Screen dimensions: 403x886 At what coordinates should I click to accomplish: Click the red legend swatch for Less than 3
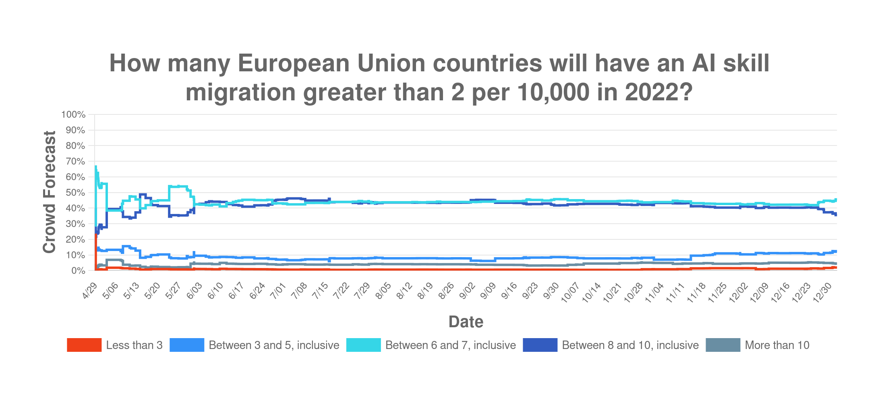[84, 345]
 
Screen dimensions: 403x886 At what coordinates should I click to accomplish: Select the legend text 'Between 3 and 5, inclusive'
[274, 345]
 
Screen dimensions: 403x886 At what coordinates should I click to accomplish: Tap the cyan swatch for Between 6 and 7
[363, 345]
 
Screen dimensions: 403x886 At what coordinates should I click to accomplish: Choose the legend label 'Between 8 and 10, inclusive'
[630, 345]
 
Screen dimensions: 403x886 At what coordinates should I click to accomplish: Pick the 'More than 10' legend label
[777, 345]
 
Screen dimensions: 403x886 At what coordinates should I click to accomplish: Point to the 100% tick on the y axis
[73, 114]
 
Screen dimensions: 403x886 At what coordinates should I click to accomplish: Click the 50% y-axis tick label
[75, 193]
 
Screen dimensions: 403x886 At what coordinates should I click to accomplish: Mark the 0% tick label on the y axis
[78, 271]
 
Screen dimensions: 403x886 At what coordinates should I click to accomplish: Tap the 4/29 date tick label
[90, 291]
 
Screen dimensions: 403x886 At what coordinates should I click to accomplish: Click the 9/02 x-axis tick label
[467, 291]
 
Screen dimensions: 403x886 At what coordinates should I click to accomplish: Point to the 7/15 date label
[320, 291]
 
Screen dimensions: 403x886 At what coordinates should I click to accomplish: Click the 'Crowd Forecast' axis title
[49, 192]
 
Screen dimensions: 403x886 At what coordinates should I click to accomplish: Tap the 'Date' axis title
[466, 322]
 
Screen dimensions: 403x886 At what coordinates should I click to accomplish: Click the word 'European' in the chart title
[294, 63]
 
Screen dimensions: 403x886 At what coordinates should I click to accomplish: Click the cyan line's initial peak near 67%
[95, 166]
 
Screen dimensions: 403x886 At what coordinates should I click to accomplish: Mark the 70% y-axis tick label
[75, 161]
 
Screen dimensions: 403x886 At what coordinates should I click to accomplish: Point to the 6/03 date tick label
[195, 291]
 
